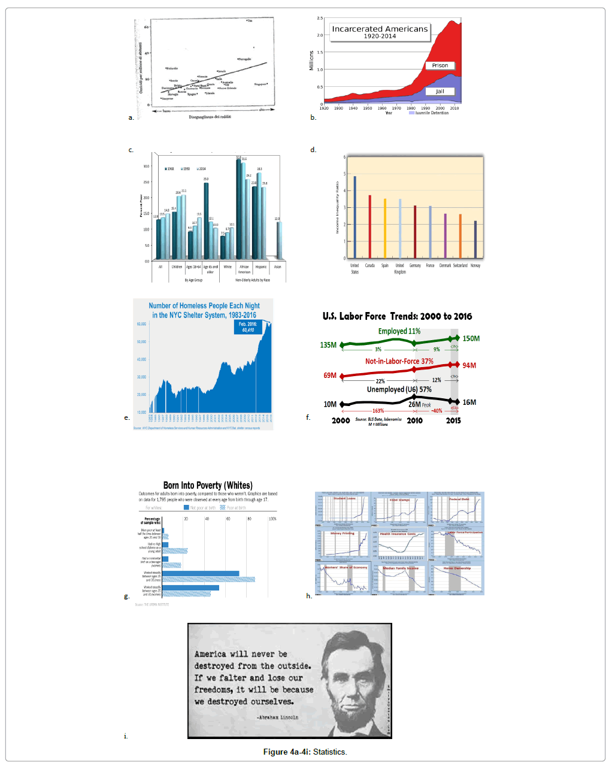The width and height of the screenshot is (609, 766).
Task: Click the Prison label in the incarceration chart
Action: [440, 65]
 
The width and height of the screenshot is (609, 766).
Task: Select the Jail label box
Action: [440, 91]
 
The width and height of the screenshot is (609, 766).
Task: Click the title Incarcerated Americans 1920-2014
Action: [380, 32]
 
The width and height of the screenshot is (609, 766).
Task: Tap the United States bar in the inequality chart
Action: [355, 217]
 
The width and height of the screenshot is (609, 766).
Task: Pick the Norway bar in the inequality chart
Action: [475, 239]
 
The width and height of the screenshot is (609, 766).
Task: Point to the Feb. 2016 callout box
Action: [249, 327]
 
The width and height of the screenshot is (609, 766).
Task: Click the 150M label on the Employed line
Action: [471, 338]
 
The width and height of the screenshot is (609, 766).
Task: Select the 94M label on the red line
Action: [469, 365]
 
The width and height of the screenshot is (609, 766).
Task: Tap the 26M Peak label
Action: [419, 404]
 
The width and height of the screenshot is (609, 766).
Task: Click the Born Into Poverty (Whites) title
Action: [208, 485]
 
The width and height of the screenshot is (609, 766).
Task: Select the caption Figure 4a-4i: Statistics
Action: [305, 752]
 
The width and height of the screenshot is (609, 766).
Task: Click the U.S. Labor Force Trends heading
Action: [397, 316]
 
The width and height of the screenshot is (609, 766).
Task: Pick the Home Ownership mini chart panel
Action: [457, 579]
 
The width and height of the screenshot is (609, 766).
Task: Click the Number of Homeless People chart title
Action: [204, 310]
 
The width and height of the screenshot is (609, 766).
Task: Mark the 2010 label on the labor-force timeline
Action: [414, 420]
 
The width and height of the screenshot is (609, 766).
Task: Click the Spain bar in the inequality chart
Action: [385, 228]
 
